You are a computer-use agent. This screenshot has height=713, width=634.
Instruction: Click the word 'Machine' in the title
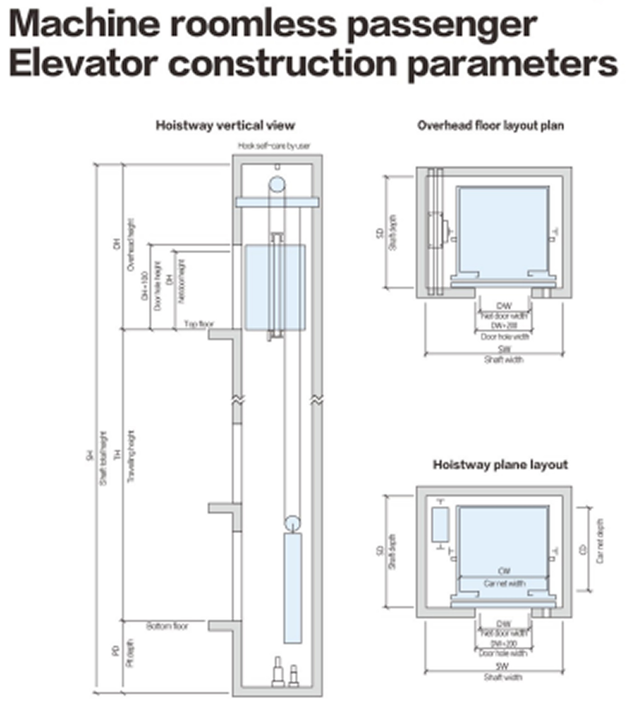[x=84, y=24]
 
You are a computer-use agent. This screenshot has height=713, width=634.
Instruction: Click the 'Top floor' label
[x=198, y=324]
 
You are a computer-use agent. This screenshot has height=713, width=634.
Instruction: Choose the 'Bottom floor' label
[x=167, y=626]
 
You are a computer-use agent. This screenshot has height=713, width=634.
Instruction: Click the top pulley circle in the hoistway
[x=277, y=184]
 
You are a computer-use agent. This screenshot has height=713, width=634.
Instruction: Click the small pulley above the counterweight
[x=292, y=524]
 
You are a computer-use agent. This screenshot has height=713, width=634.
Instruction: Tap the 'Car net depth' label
[x=600, y=541]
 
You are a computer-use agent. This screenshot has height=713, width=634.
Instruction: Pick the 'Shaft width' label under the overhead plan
[x=504, y=359]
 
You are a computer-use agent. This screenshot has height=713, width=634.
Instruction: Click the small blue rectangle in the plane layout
[x=440, y=525]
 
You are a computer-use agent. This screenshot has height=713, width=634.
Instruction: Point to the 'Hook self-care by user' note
[x=274, y=146]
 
